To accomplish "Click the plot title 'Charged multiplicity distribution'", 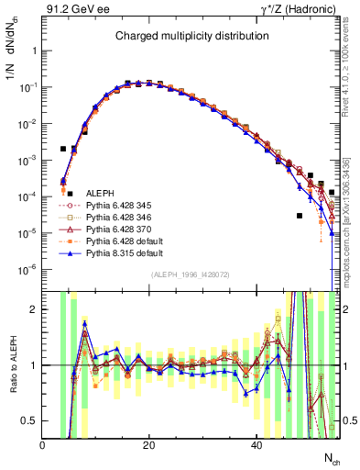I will [191, 36].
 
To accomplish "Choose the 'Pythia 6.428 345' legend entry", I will [119, 207].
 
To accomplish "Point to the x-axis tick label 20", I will [149, 445].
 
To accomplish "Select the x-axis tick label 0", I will [43, 445].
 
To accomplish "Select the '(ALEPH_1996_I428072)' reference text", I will [191, 275].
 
